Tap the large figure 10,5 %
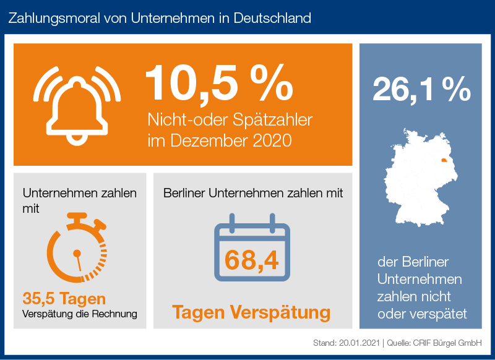218,82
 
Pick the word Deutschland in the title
272,17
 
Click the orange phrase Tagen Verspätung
251,312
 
